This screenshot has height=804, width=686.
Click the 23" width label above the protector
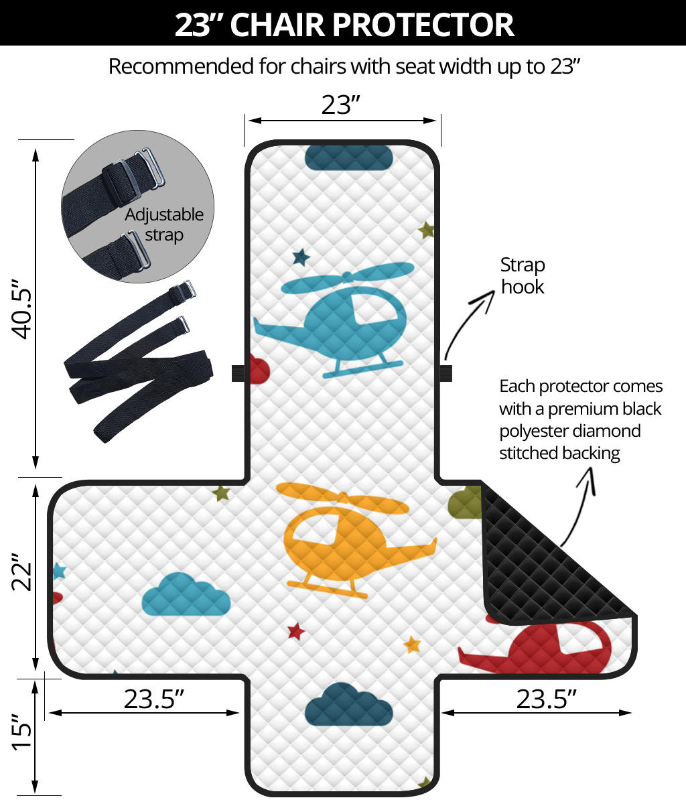click(x=341, y=105)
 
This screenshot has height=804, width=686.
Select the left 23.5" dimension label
click(x=153, y=699)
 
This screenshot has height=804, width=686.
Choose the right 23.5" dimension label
click(x=546, y=699)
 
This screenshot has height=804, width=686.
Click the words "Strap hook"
click(x=523, y=275)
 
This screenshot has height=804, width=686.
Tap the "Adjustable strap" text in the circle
click(x=164, y=224)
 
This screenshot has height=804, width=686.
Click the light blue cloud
click(x=186, y=594)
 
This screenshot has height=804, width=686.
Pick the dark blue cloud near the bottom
click(x=348, y=704)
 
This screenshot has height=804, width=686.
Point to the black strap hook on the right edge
click(x=446, y=373)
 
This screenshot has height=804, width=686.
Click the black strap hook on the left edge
click(x=237, y=373)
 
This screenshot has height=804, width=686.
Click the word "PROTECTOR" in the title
click(x=423, y=24)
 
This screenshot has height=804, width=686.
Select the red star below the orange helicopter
click(x=295, y=630)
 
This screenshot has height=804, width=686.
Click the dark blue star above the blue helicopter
click(x=301, y=257)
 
